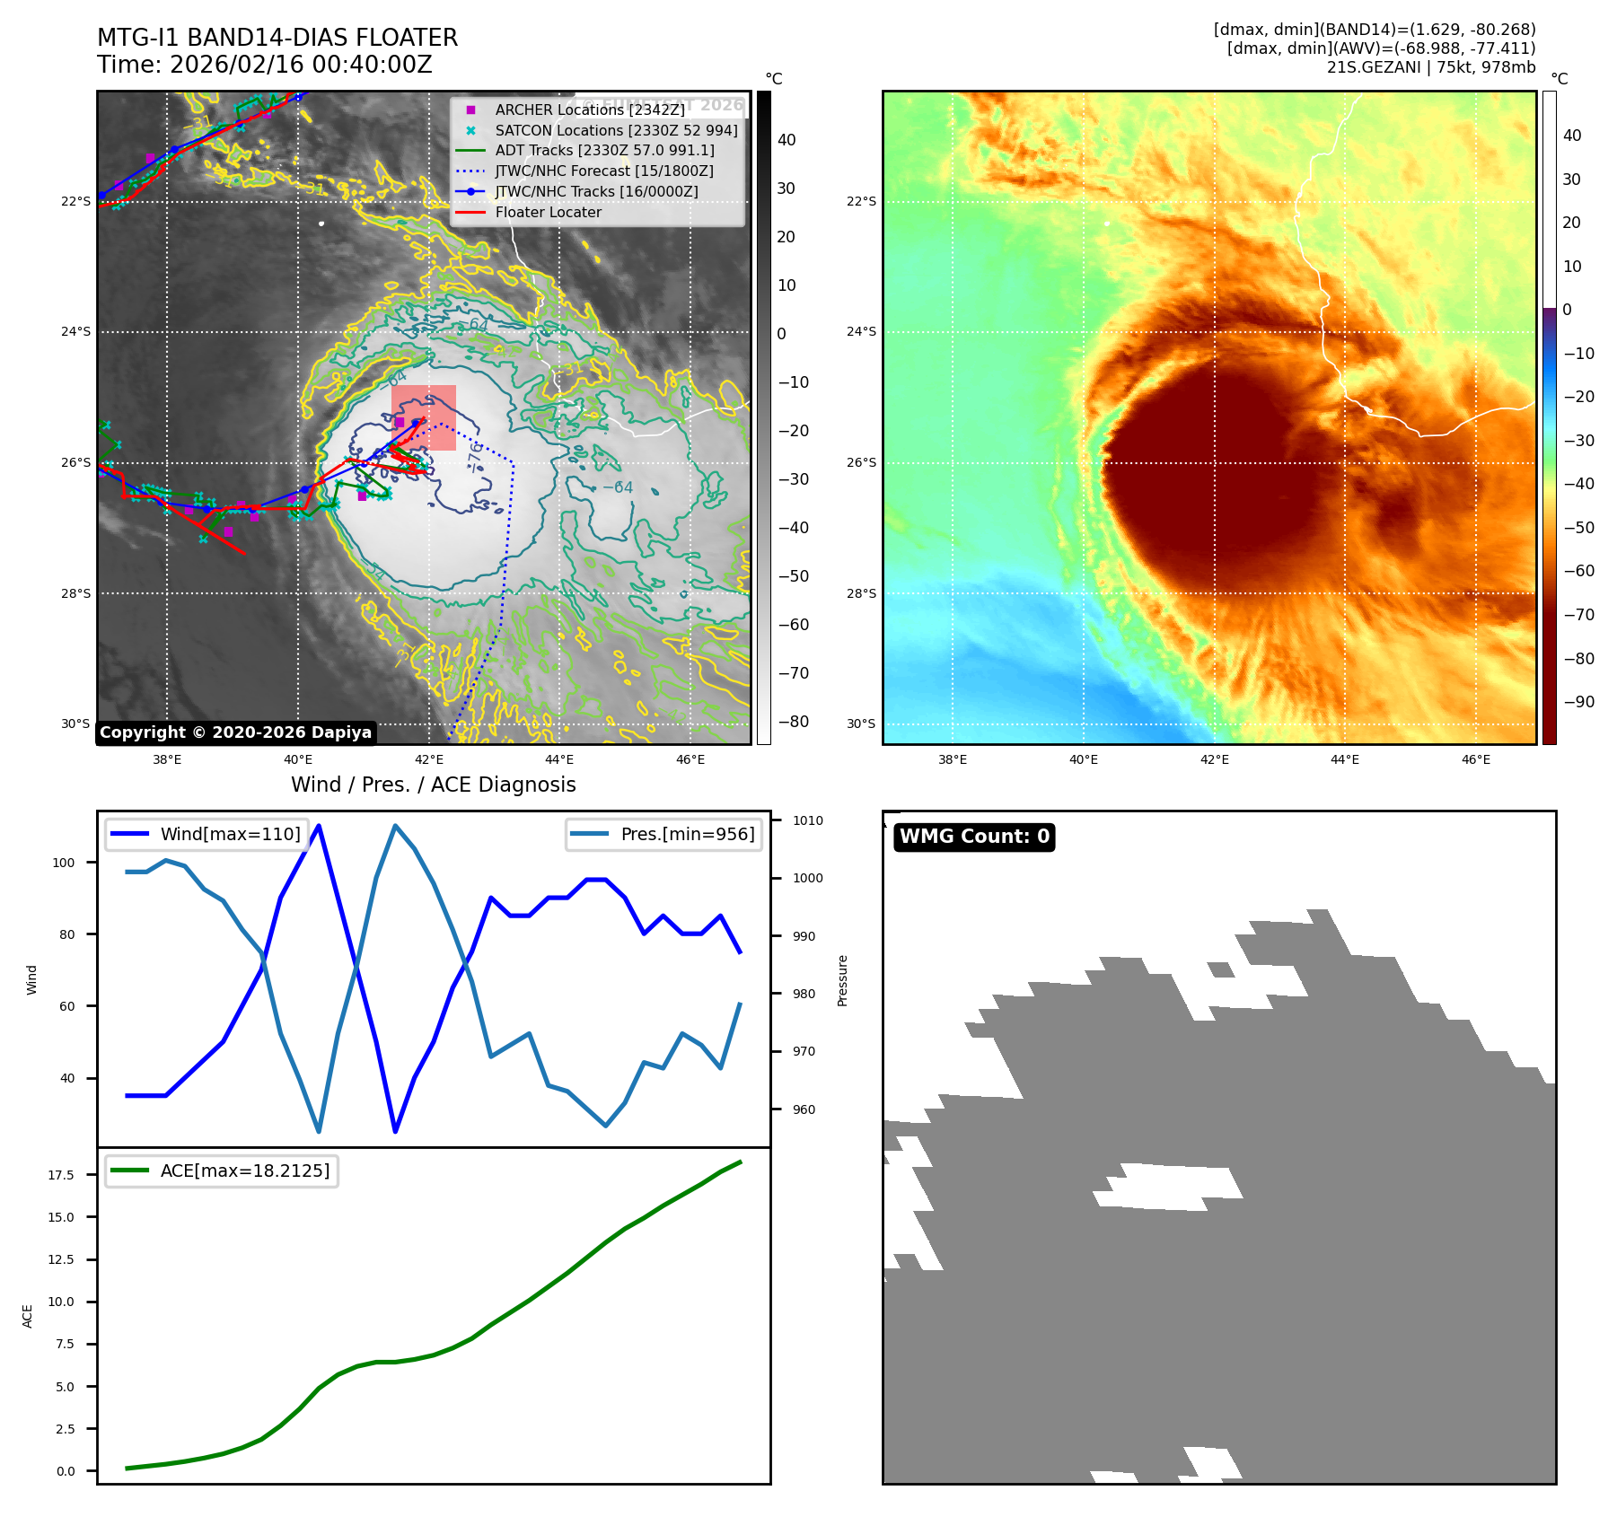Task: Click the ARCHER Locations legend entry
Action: (x=589, y=110)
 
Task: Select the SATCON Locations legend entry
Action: (x=616, y=130)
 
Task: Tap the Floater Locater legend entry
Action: (x=548, y=212)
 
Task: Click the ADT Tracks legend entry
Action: (x=604, y=151)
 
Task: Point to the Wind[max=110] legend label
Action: (x=230, y=834)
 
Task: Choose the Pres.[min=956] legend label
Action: (x=687, y=834)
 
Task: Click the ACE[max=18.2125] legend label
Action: (x=244, y=1171)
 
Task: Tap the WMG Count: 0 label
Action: (x=974, y=837)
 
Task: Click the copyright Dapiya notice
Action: (x=235, y=732)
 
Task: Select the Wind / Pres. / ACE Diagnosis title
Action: (x=433, y=785)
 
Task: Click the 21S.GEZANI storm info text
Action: (x=1430, y=67)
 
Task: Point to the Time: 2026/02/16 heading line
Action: (x=265, y=65)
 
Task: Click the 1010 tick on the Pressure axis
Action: (x=807, y=820)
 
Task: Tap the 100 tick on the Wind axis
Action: (x=64, y=863)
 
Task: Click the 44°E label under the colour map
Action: (x=1344, y=759)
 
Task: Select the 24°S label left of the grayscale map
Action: (x=75, y=332)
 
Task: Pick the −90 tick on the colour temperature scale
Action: (x=1578, y=702)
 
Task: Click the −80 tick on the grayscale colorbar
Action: (x=793, y=722)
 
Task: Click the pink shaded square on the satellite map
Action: (x=424, y=417)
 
